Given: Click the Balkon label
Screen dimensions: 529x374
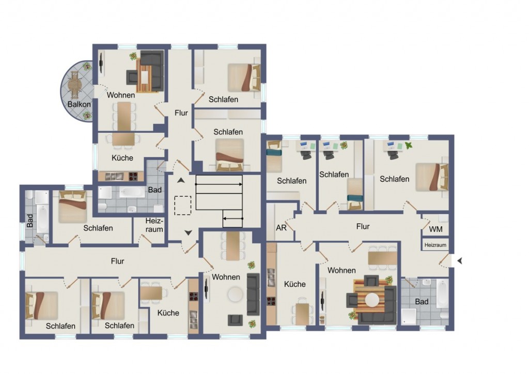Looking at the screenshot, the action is (x=79, y=104).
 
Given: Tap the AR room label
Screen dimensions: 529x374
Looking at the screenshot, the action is (x=281, y=228).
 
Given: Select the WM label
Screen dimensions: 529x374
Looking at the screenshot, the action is (x=435, y=229).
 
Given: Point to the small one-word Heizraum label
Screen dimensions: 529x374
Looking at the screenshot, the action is (x=435, y=245).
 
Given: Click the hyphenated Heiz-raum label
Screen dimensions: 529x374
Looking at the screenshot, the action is (x=154, y=225).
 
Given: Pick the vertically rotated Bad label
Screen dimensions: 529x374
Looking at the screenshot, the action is (x=30, y=221).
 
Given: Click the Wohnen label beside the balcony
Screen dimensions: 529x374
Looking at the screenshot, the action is (x=121, y=95).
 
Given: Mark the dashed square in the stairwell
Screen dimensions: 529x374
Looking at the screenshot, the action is (x=182, y=206).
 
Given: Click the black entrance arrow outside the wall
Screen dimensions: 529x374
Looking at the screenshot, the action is (x=459, y=260).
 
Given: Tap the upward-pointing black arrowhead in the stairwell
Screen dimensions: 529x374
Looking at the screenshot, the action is (x=181, y=180).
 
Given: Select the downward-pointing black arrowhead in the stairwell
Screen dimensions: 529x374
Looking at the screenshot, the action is (x=188, y=232).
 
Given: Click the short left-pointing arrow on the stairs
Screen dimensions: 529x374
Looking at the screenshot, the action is (x=233, y=219).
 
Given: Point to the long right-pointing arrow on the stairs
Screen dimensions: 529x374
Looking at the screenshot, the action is (x=219, y=184).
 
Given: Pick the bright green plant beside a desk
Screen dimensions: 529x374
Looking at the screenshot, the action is (x=409, y=145).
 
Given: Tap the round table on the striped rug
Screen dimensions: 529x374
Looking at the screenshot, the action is (x=372, y=300).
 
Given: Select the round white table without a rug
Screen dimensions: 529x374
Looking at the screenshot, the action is (x=235, y=294).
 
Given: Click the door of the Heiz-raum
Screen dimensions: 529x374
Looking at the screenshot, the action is (x=146, y=239).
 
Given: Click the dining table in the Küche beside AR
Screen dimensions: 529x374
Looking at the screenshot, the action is (x=302, y=314).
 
